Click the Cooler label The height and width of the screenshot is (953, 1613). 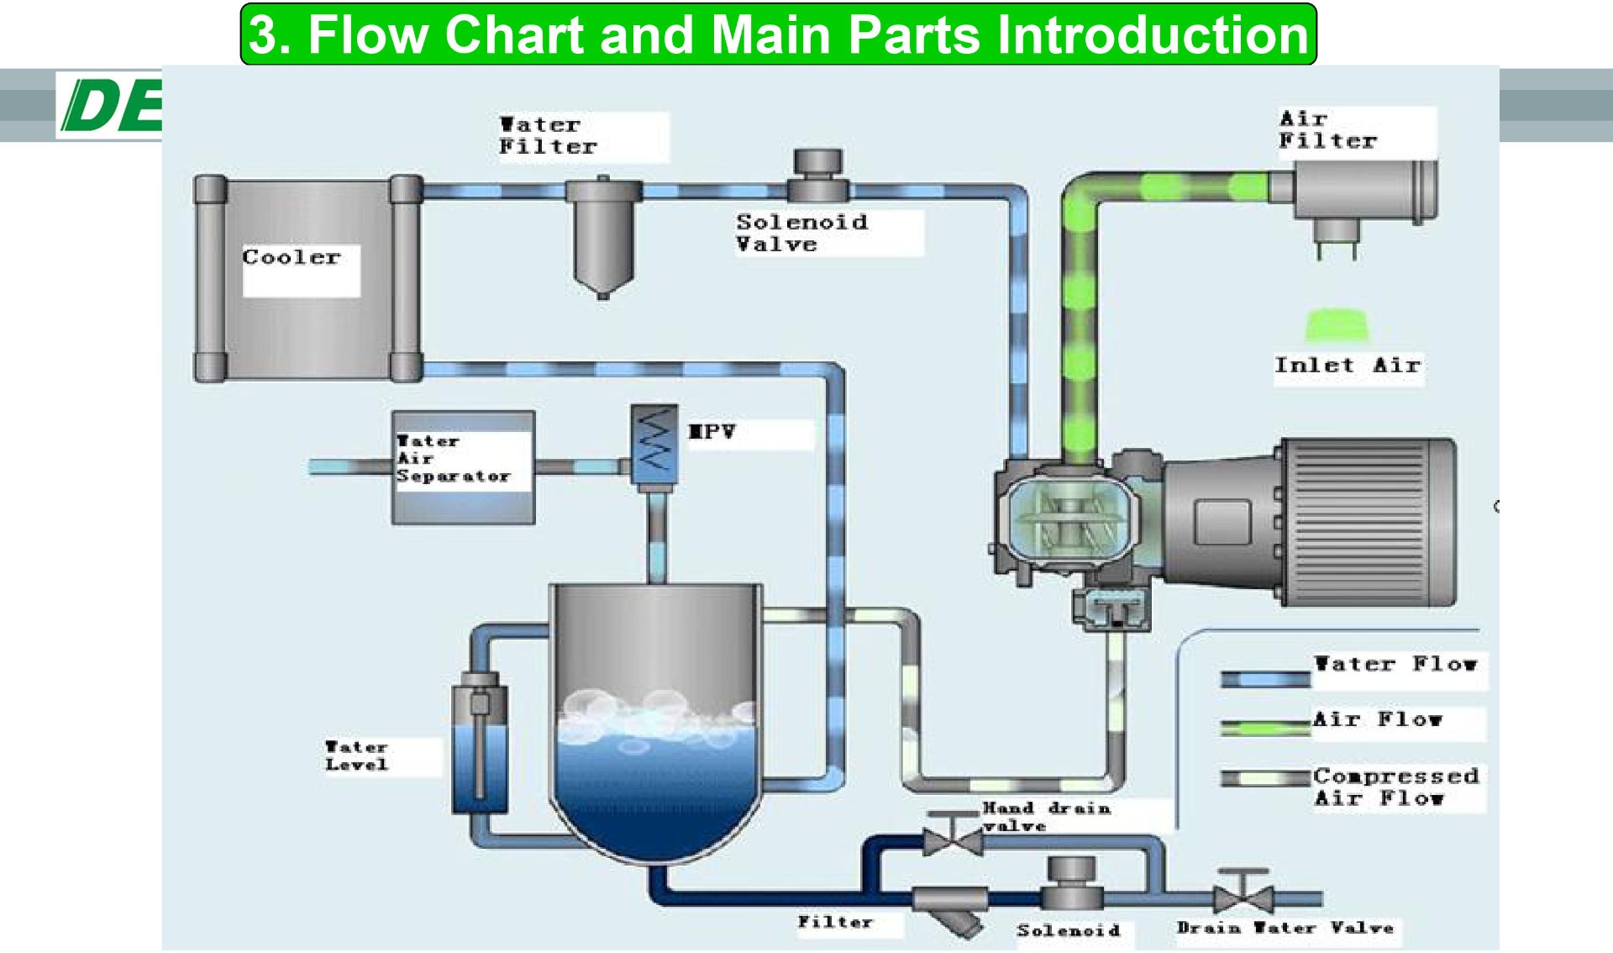pos(292,257)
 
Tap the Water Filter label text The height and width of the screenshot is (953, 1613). pos(547,135)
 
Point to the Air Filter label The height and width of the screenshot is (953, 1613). pos(1327,130)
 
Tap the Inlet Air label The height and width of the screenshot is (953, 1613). pos(1347,366)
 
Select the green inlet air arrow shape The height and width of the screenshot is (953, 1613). pos(1337,325)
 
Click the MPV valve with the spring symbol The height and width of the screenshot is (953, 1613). pos(654,445)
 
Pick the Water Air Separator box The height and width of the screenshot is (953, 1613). pos(463,467)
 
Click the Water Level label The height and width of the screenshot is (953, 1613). pos(357,756)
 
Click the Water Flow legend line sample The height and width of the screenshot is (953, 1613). pos(1265,679)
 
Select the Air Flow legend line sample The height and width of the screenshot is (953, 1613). pos(1265,727)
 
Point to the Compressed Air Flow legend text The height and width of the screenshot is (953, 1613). pos(1395,787)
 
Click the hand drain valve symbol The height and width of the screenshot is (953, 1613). pos(953,836)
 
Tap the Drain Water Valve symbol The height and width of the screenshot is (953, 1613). pos(1243,896)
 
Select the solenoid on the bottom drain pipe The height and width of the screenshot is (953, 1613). pos(1072,884)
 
